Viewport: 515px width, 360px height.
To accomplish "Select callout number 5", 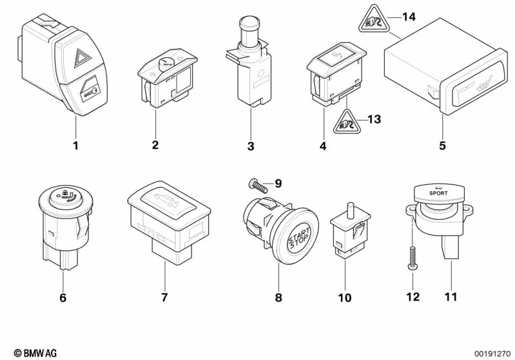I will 442,146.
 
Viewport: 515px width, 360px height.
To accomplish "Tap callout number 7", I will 164,298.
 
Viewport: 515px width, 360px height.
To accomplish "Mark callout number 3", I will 251,147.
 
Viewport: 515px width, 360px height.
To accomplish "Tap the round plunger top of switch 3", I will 247,24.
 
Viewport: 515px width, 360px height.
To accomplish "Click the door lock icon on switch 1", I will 89,92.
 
